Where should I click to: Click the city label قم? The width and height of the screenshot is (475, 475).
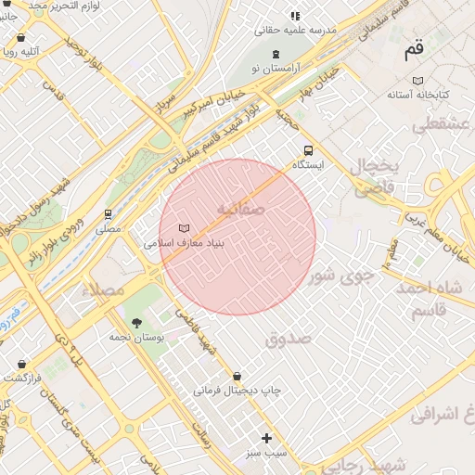pyautogui.click(x=414, y=49)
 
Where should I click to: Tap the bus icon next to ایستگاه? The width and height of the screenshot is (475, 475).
pyautogui.click(x=308, y=149)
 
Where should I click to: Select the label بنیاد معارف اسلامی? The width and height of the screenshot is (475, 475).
pyautogui.click(x=186, y=244)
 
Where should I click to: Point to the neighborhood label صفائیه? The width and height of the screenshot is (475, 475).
pyautogui.click(x=240, y=210)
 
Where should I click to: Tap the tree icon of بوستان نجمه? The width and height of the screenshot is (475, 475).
pyautogui.click(x=137, y=323)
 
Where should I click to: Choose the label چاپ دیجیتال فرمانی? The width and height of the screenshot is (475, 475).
pyautogui.click(x=237, y=392)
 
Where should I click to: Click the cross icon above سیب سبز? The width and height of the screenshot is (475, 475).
pyautogui.click(x=267, y=438)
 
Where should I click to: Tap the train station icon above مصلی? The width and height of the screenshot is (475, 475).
pyautogui.click(x=109, y=213)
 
